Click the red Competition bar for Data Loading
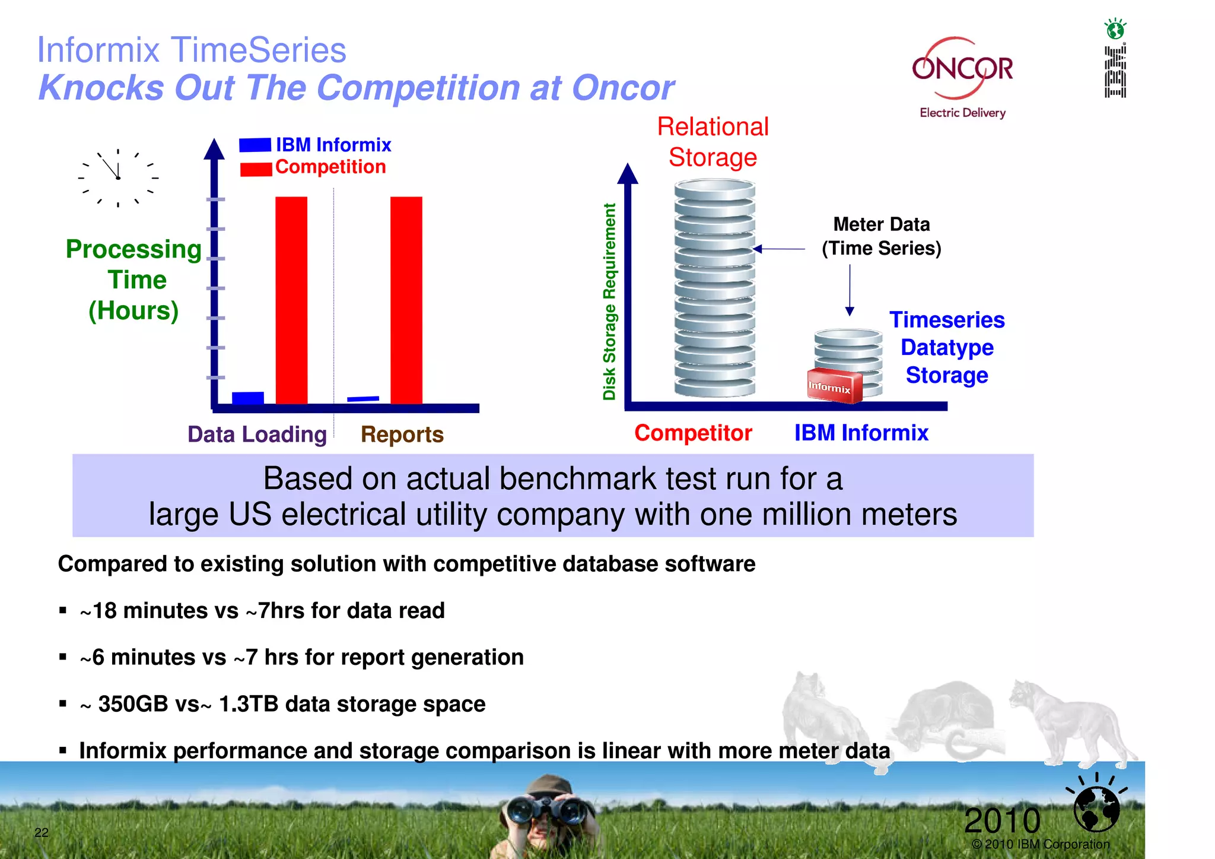291,300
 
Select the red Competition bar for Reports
406,300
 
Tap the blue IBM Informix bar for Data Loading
248,398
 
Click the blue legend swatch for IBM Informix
255,145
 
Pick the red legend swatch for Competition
256,169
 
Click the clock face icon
118,177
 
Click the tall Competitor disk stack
715,289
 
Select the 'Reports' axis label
402,435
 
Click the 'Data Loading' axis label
257,435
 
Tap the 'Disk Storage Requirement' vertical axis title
609,302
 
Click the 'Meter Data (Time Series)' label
881,236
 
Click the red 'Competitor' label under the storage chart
693,433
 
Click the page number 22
42,832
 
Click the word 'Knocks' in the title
101,88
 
